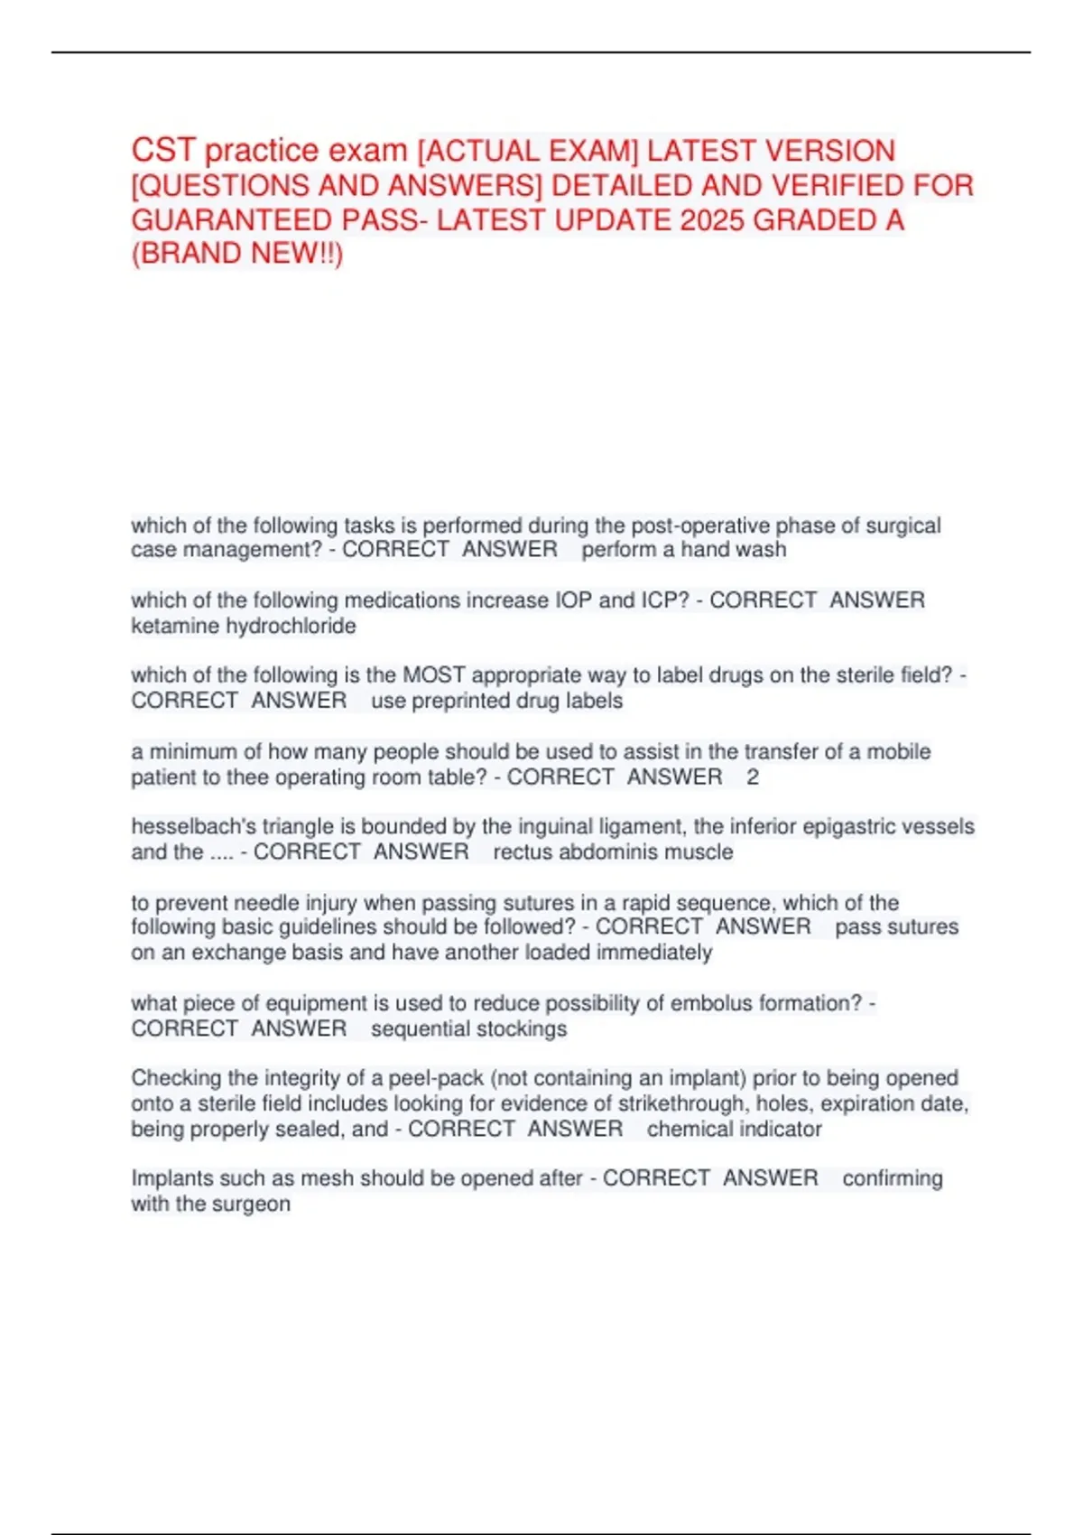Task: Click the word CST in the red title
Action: pos(162,150)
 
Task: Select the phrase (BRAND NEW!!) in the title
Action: pos(237,254)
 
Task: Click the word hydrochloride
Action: pos(291,625)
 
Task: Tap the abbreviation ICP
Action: pos(663,600)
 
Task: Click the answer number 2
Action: pos(753,777)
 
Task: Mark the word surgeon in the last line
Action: pos(254,1204)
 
